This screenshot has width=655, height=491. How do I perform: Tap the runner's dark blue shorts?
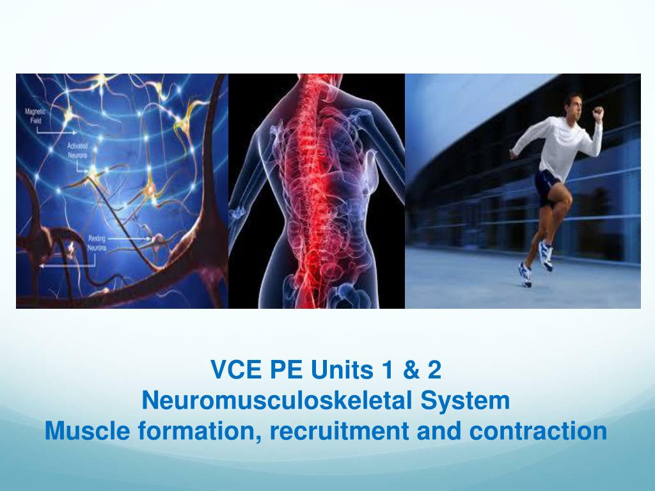[548, 185]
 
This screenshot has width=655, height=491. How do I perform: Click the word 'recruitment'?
[339, 431]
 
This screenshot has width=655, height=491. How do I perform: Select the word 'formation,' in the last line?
[198, 431]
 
